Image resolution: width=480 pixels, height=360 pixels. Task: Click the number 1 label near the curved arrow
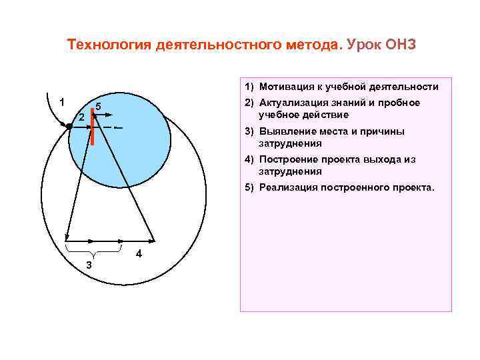pos(61,103)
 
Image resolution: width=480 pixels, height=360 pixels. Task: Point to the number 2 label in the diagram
pos(81,117)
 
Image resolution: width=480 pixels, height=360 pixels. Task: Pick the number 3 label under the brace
pos(89,266)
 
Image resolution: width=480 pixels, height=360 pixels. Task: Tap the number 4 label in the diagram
pos(138,254)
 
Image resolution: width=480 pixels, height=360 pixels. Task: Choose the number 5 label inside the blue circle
pos(97,107)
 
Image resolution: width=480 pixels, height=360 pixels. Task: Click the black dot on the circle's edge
pos(69,125)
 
